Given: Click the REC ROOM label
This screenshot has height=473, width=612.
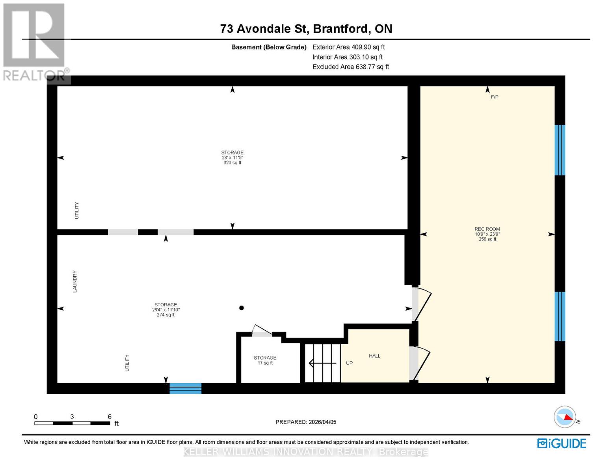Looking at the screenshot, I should click(487, 229).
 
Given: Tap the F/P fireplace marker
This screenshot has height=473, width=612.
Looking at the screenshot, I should click(495, 97).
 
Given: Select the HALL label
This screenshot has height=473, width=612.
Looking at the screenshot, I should click(374, 356).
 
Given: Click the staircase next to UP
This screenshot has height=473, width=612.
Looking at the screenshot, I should click(323, 363).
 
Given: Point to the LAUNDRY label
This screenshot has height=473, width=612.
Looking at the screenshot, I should click(75, 281).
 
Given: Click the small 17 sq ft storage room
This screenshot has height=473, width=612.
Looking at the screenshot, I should click(265, 360).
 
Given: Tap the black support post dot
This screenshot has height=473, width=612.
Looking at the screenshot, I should click(242, 308).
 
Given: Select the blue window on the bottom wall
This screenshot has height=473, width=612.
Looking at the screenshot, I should click(185, 388).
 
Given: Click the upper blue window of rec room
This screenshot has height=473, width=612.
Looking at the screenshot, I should click(560, 150).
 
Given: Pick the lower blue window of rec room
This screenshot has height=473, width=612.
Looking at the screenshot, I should click(560, 316).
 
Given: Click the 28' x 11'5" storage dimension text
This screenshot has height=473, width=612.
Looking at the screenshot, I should click(232, 158).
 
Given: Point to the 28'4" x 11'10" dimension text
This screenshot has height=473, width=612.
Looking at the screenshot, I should click(166, 310).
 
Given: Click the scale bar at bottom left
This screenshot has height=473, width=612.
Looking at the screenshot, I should click(72, 423).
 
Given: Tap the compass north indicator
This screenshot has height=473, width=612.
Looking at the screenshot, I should click(565, 417).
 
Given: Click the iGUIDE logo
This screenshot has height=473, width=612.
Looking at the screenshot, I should click(562, 443).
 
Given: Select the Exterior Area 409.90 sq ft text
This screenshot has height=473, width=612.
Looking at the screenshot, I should click(348, 47).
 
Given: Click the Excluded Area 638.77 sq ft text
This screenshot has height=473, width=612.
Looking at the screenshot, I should click(351, 67).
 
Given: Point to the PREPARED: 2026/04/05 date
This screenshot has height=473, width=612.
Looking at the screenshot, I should click(306, 422).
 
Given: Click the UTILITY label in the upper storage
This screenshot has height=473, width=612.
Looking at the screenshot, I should click(77, 210).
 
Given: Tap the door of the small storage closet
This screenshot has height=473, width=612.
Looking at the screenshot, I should click(261, 331).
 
